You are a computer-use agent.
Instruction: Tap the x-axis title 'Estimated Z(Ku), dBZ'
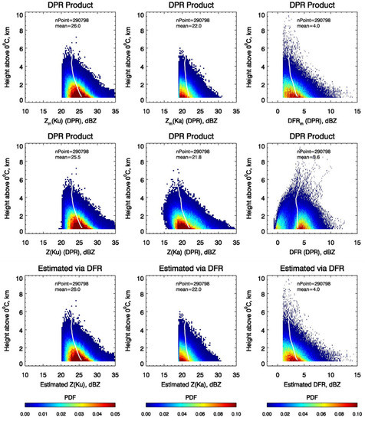click(70, 373)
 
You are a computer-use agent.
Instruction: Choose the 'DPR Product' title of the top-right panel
click(312, 7)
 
